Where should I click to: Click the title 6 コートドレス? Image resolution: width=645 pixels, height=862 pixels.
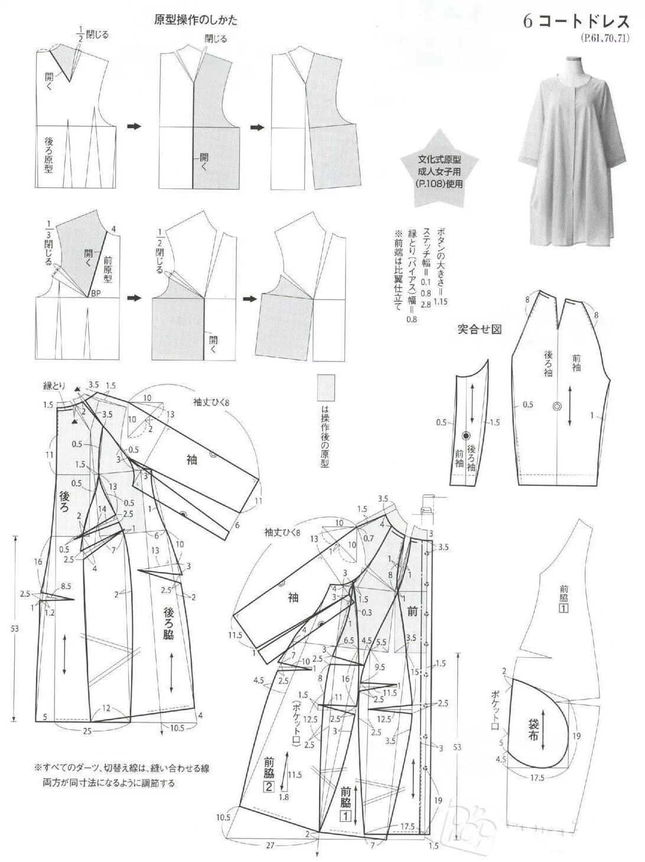coord(575,22)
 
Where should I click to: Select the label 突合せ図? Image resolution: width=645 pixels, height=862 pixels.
coord(479,329)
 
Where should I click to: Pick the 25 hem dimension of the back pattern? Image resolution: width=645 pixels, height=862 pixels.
coord(87,732)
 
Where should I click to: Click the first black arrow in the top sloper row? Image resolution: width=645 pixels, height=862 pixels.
coord(135,126)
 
